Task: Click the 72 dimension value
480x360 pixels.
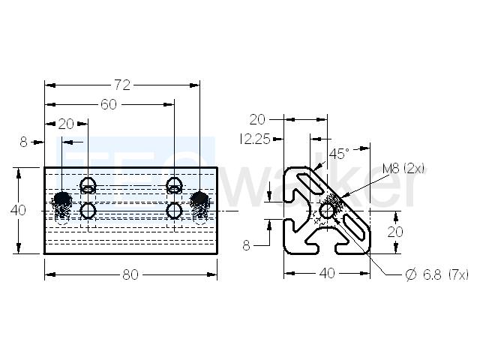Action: (122, 85)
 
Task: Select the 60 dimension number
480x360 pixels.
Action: (109, 105)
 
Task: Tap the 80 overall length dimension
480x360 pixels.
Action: (130, 274)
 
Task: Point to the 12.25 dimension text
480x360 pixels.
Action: (255, 139)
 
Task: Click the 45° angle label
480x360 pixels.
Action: (339, 154)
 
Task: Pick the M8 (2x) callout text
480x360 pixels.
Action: (403, 168)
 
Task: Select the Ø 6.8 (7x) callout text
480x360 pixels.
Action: (436, 274)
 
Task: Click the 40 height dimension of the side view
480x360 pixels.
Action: (18, 210)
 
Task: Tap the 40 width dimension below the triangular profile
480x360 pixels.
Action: (327, 273)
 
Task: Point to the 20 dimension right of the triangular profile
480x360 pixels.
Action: (395, 232)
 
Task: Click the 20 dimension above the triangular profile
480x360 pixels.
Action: (257, 120)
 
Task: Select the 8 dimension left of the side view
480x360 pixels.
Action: (23, 142)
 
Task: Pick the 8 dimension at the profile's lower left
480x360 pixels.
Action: (247, 245)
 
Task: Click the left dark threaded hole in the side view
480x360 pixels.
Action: (62, 199)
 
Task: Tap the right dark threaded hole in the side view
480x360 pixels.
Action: (199, 199)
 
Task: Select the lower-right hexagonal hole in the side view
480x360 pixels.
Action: (174, 211)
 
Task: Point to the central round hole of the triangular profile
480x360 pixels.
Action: (327, 211)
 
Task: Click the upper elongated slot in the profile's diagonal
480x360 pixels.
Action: (310, 183)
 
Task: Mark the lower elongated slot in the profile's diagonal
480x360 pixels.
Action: (355, 227)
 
